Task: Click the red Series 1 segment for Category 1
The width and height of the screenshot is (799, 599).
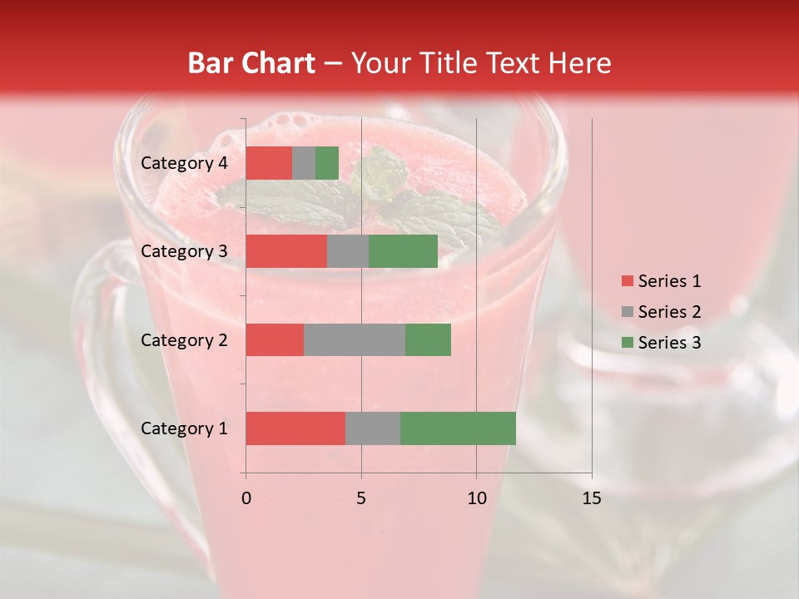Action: click(x=295, y=428)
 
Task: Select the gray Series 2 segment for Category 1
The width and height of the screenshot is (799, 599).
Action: click(x=372, y=428)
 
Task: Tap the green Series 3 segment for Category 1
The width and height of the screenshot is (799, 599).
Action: click(x=458, y=428)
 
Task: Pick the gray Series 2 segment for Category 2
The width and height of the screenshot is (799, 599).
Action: click(x=354, y=339)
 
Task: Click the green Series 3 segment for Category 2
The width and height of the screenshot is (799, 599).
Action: click(x=428, y=339)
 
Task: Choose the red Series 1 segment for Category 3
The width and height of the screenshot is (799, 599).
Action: click(x=285, y=251)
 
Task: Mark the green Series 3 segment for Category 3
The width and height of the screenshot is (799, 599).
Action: click(x=403, y=251)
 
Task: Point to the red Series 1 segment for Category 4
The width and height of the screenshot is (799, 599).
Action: click(x=268, y=163)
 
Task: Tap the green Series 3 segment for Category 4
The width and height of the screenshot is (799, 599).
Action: click(x=326, y=163)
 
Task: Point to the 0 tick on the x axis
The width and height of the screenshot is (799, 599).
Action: click(x=246, y=498)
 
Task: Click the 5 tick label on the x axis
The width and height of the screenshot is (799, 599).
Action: click(x=361, y=498)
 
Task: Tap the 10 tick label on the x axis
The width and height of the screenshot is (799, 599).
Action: click(x=476, y=498)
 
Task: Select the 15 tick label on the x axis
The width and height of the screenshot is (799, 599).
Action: click(x=591, y=498)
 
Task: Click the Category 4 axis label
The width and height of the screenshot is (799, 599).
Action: click(x=184, y=163)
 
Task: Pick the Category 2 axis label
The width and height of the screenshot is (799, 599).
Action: click(x=184, y=339)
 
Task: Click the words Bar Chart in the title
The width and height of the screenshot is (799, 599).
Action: click(x=251, y=62)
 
